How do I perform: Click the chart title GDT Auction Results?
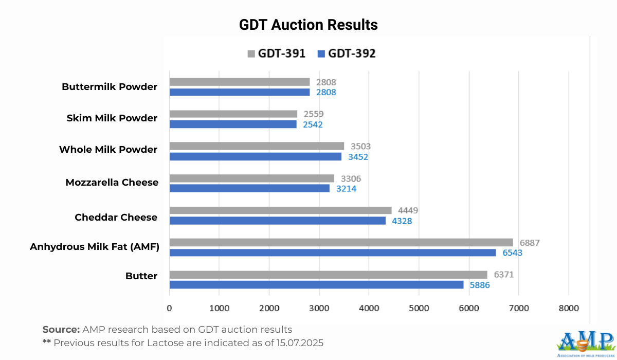point(308,25)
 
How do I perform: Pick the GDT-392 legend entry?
point(347,53)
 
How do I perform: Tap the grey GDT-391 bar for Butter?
point(328,275)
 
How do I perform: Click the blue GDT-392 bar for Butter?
point(316,284)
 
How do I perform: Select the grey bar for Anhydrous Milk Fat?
point(341,242)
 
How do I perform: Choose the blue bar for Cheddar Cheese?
point(277,221)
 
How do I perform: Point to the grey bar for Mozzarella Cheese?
point(251,178)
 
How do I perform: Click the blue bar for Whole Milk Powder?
point(255,156)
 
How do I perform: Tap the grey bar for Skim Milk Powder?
point(233,114)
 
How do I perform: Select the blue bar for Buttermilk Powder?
point(239,92)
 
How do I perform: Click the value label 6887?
point(530,243)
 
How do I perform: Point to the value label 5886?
point(480,285)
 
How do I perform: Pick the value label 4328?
point(402,221)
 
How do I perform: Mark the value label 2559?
point(314,114)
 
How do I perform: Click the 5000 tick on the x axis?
point(419,308)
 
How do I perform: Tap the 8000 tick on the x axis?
point(568,308)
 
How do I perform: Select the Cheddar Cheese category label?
point(116,217)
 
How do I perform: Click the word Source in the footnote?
point(60,330)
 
